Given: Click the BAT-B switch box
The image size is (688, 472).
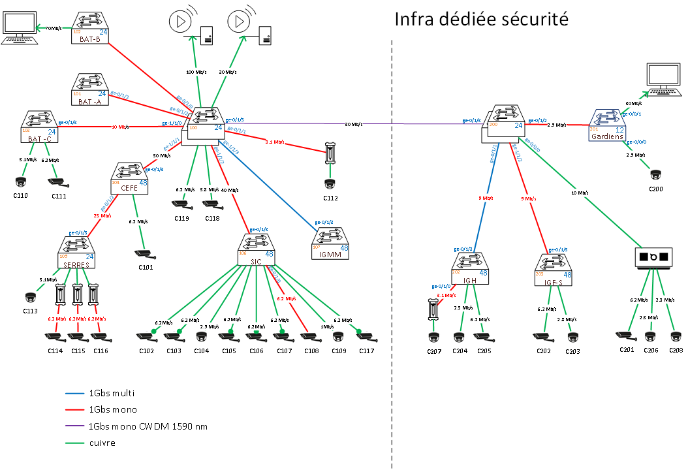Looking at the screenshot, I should pyautogui.click(x=90, y=27).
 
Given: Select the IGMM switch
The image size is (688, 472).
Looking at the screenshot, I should pyautogui.click(x=330, y=242).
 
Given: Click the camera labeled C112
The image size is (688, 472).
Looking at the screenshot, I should pyautogui.click(x=331, y=185).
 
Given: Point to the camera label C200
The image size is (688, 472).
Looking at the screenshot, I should pyautogui.click(x=655, y=189).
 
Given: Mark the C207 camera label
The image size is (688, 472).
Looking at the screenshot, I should pyautogui.click(x=434, y=351).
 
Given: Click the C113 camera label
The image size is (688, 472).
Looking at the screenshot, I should pyautogui.click(x=31, y=311).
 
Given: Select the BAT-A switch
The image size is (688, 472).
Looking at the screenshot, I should pyautogui.click(x=90, y=90).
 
